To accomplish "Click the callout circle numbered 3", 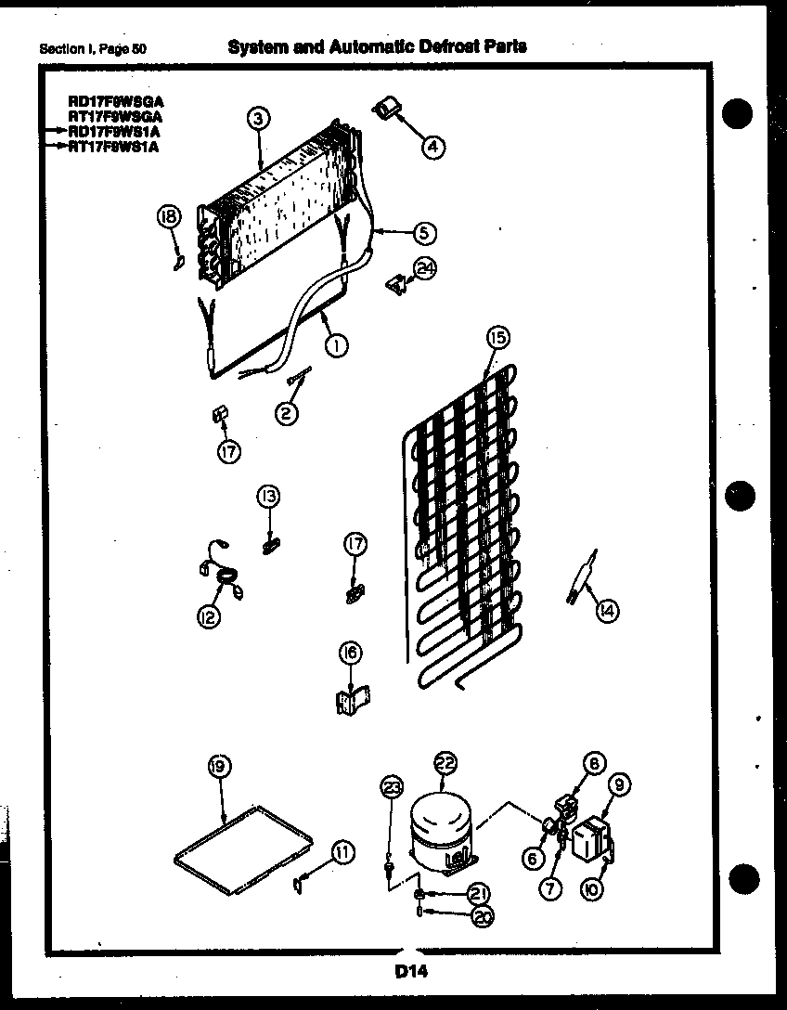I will [259, 118].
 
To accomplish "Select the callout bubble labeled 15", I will [497, 338].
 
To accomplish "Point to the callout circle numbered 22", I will [445, 764].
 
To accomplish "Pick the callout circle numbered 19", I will [219, 767].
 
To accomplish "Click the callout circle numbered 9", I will [621, 786].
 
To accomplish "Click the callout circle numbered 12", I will [211, 615].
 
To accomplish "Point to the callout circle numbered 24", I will [426, 269].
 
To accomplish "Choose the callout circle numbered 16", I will [352, 653].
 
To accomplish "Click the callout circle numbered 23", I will [391, 788].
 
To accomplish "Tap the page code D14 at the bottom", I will [406, 972].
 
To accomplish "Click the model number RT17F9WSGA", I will [115, 117].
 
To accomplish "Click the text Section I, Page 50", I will [93, 48].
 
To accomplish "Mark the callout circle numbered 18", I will [168, 217].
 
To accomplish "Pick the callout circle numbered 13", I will [268, 497].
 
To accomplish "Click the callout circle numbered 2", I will [287, 413].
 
